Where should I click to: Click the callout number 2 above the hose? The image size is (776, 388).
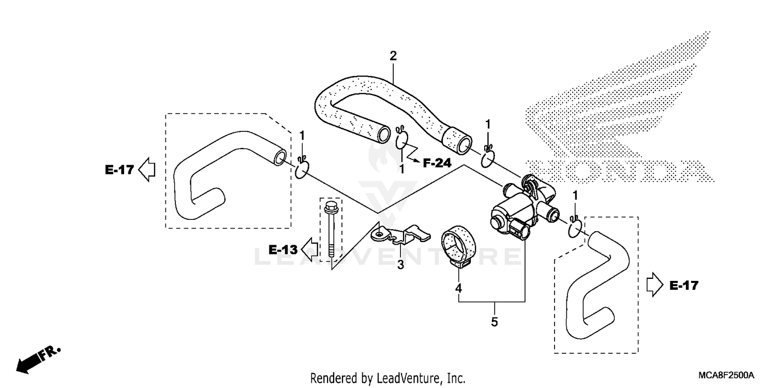coord(393,56)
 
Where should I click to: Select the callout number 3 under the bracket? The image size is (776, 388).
coord(400,265)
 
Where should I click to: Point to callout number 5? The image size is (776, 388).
coord(495,322)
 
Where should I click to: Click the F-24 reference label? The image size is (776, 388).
coord(437,163)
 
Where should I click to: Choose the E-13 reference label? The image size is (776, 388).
coord(283,250)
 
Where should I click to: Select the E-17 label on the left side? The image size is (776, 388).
coord(120,170)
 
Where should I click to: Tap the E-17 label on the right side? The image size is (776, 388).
coord(683,285)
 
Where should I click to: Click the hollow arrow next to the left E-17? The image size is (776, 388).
coord(147,170)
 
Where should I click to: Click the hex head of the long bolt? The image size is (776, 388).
coord(330,210)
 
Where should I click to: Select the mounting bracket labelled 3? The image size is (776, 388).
coord(401,234)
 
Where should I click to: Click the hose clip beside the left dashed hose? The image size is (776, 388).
coord(302,170)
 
